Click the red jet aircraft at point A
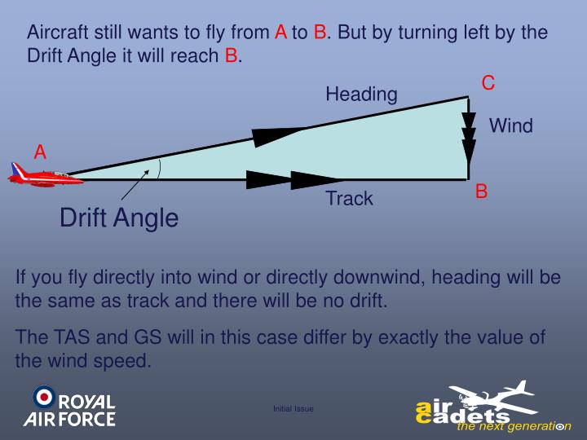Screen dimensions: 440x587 (x=37, y=175)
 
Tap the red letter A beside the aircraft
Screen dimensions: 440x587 (x=40, y=152)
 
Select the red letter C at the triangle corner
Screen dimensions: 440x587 (x=488, y=83)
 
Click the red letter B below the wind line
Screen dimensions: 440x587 (x=482, y=191)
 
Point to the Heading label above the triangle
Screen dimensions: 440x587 (x=361, y=95)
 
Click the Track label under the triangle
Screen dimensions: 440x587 (x=349, y=198)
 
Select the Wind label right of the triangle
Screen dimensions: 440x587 (x=510, y=125)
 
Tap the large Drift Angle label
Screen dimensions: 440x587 (x=119, y=218)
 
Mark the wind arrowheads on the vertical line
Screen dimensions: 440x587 (x=469, y=135)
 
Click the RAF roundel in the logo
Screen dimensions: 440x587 (x=43, y=397)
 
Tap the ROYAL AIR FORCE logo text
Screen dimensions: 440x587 (x=78, y=411)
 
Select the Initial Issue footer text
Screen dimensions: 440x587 (x=293, y=408)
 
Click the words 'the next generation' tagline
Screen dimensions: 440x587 (x=514, y=426)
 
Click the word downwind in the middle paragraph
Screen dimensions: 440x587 (x=377, y=277)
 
